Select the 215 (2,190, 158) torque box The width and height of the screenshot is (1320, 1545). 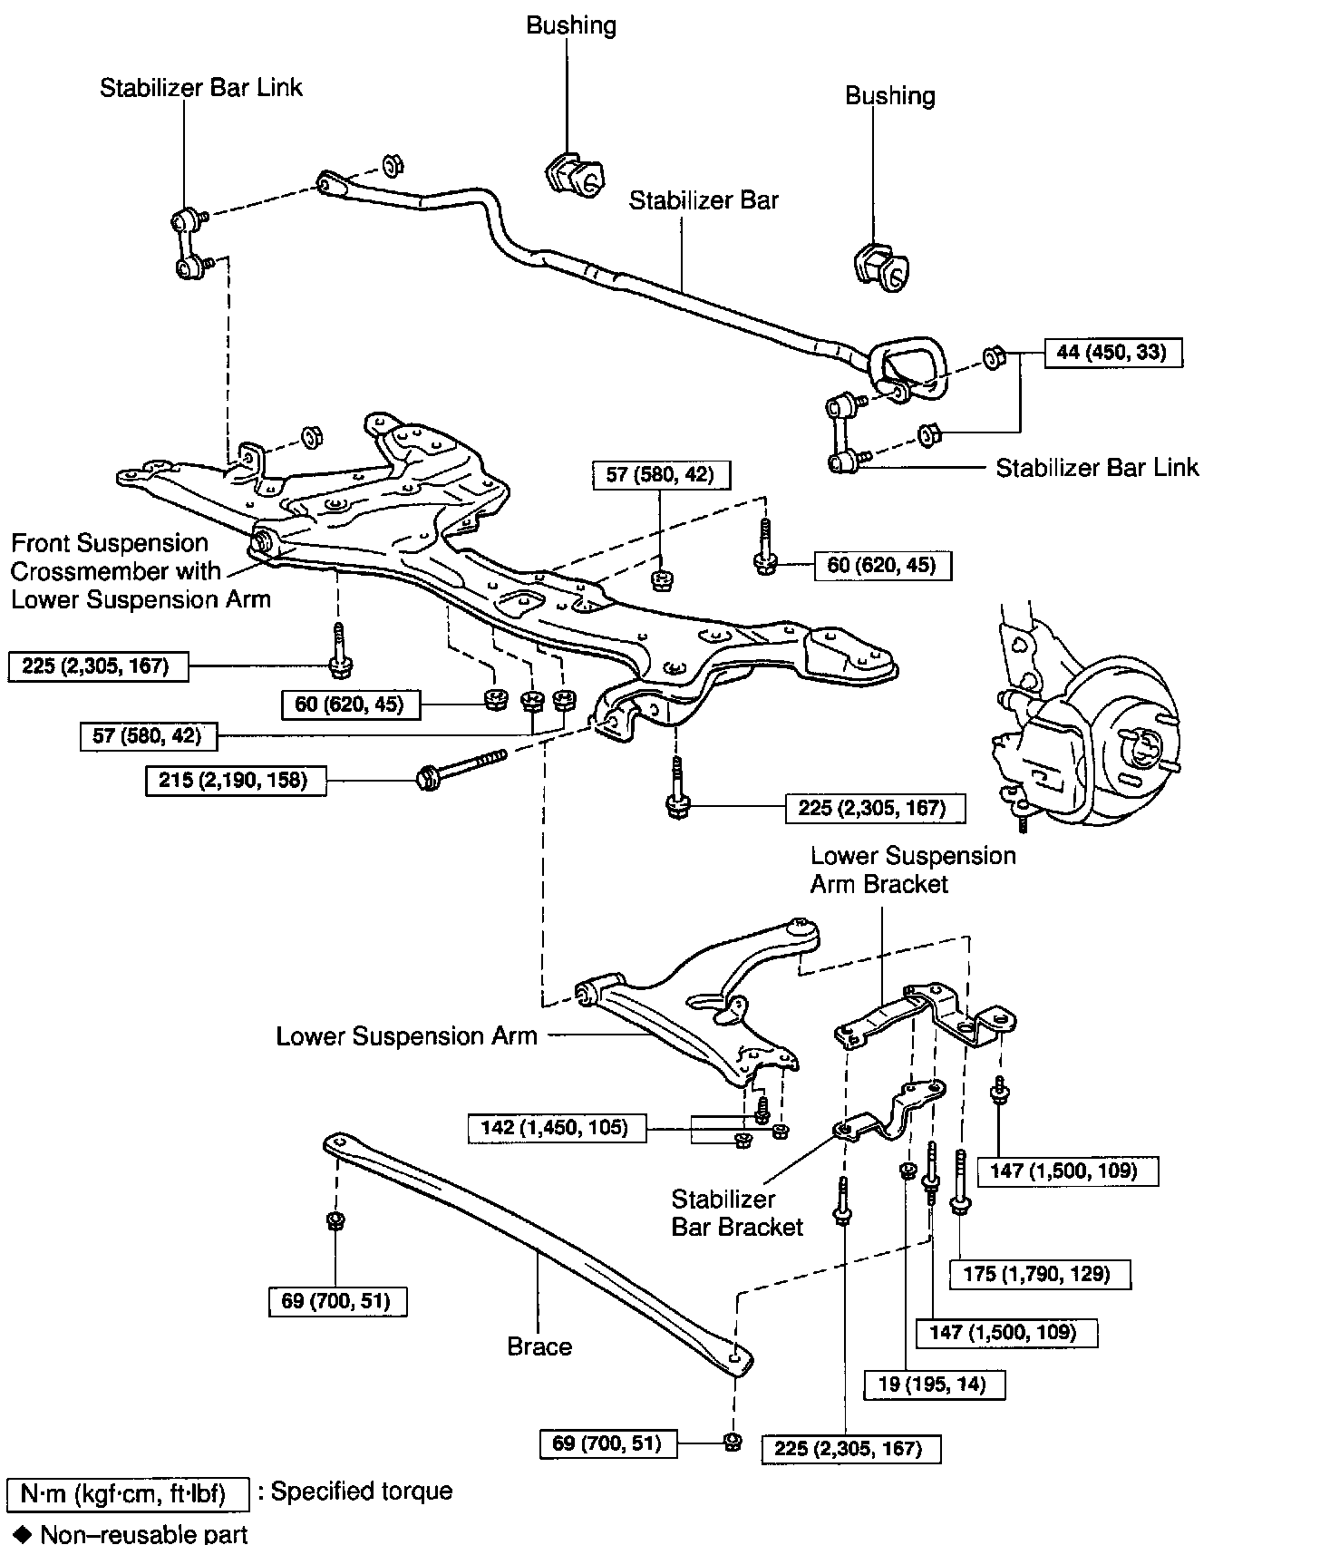(236, 780)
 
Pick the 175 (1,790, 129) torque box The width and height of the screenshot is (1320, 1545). (1041, 1274)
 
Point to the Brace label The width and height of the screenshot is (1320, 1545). (539, 1346)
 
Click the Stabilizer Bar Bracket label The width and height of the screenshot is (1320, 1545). (737, 1213)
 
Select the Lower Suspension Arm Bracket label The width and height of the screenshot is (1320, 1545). (912, 870)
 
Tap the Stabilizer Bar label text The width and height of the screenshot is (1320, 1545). (704, 200)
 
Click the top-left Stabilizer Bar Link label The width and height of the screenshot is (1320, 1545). (201, 88)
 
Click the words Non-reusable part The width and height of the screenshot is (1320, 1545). (143, 1533)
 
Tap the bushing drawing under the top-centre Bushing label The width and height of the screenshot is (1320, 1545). (573, 174)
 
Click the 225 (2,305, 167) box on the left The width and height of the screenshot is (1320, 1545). (99, 666)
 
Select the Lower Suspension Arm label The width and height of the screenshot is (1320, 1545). (406, 1036)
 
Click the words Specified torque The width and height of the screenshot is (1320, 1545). (361, 1492)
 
